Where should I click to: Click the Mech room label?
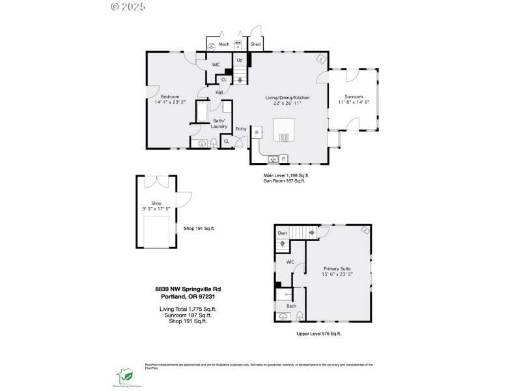[224, 44]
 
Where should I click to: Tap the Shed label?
[256, 44]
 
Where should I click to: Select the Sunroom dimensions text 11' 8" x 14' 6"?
[354, 102]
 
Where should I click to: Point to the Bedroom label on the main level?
[170, 96]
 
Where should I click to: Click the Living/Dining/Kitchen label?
[287, 97]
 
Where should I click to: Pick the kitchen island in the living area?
[285, 130]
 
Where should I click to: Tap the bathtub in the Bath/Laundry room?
[201, 112]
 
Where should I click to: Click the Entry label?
[241, 128]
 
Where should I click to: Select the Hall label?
[219, 92]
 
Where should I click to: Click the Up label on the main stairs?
[240, 60]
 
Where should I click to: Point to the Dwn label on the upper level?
[282, 233]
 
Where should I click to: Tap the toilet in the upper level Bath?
[299, 316]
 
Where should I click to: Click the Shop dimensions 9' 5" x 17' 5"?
[156, 209]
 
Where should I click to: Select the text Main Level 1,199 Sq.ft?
[287, 175]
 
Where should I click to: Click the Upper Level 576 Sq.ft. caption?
[318, 333]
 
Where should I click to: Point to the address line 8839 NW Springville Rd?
[192, 289]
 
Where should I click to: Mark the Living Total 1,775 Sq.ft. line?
[188, 309]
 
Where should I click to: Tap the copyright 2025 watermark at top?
[128, 7]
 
